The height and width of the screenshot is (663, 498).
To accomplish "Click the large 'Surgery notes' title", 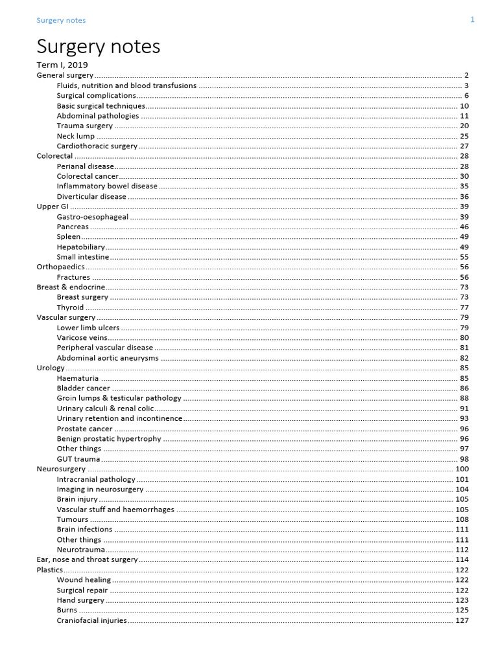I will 98,47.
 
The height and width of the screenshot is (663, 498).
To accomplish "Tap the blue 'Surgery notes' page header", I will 61,20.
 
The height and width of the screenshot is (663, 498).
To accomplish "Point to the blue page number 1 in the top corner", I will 473,19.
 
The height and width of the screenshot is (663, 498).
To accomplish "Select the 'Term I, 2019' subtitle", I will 62,65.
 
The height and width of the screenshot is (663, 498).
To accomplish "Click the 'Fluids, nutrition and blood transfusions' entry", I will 126,85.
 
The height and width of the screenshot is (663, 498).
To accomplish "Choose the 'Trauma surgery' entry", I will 84,126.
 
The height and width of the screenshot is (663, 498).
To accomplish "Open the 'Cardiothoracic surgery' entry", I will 97,146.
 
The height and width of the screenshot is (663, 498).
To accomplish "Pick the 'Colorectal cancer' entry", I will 88,176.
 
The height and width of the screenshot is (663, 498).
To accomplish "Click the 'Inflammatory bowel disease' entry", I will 107,186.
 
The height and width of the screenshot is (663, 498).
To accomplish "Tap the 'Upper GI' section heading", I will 53,207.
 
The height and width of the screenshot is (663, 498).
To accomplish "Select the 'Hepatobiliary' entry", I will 80,247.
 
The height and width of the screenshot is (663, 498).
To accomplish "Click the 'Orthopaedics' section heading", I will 60,267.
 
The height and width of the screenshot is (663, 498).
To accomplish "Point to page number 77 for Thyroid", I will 464,308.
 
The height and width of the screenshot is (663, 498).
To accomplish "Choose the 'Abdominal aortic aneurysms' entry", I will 107,358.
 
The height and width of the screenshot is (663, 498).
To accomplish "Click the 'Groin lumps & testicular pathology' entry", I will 119,398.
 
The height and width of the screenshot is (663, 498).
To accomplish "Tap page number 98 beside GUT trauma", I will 464,459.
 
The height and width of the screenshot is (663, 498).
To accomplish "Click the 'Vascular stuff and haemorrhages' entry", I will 115,510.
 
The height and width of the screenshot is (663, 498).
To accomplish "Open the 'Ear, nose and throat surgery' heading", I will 87,559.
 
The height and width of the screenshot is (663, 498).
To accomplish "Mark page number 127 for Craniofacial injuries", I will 462,620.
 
